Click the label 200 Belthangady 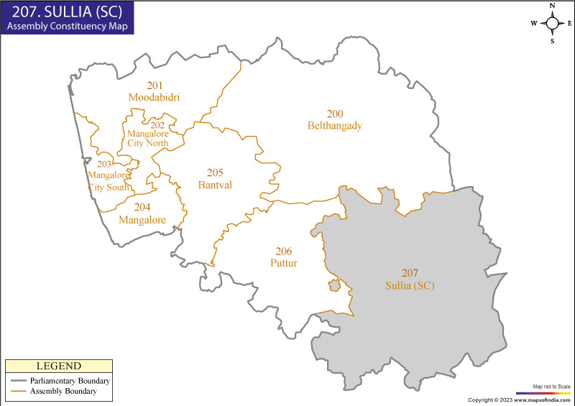coord(334,120)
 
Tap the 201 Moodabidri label coord(154,91)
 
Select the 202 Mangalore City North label coord(147,134)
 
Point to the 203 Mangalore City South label coord(109,175)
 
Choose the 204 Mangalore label coord(142,213)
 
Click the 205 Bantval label coord(215,179)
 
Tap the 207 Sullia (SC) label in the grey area coord(409,279)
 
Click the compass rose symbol coord(553,23)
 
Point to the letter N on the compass coord(553,6)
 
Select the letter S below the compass coord(553,41)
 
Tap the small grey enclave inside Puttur coord(335,286)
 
